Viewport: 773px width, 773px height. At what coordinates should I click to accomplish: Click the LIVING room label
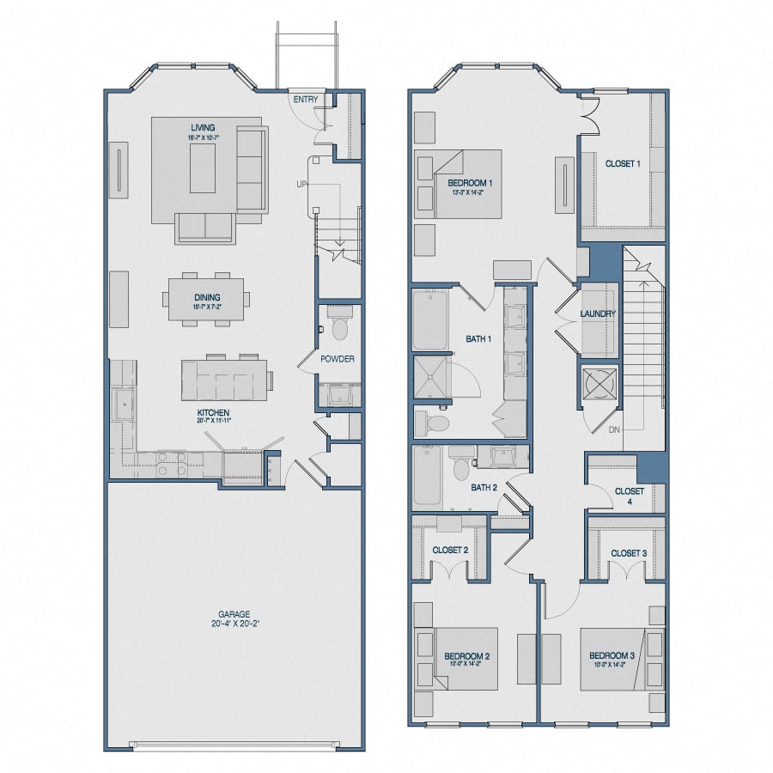204,128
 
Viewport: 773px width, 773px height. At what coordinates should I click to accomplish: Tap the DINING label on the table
206,297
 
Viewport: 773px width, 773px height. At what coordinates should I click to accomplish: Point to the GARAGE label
234,614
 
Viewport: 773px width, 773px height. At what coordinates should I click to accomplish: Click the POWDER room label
338,359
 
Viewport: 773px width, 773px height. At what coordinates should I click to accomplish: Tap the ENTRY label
306,100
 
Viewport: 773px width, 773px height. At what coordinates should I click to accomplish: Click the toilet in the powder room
339,327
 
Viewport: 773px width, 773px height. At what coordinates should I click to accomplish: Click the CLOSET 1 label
623,163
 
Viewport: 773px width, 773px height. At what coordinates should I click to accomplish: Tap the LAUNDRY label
598,314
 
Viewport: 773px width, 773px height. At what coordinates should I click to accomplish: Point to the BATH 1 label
478,339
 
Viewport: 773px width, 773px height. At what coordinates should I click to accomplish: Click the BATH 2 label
484,488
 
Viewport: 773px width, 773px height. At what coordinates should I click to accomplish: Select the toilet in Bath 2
461,465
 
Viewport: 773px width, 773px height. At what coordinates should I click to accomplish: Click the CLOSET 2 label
450,550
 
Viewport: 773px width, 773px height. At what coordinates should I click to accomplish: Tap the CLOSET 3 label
629,553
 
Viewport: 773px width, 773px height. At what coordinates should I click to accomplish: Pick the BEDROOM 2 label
467,657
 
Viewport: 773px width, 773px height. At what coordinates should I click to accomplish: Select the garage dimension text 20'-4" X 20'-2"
234,625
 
